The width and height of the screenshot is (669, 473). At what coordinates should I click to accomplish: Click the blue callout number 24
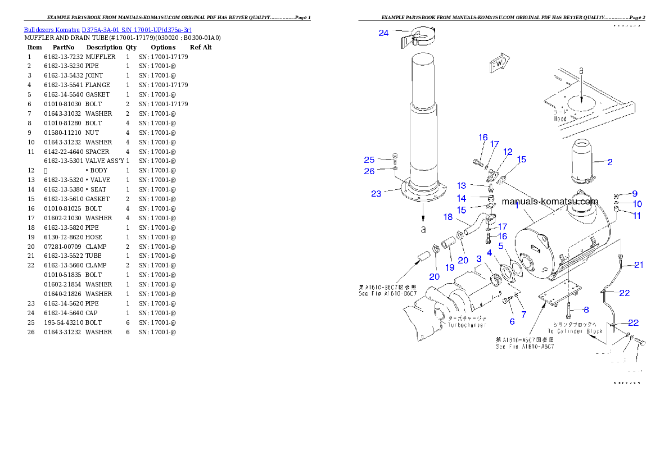[383, 33]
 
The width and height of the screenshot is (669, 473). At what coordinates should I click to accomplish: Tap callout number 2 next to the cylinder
[609, 162]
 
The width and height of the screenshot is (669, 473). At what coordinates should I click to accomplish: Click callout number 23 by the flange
[376, 194]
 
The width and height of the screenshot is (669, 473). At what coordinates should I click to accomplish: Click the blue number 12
[508, 152]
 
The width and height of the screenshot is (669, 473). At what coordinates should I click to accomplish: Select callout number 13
[462, 185]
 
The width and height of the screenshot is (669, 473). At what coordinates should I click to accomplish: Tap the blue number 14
[462, 198]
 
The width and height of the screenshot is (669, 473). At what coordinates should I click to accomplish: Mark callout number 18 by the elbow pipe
[448, 217]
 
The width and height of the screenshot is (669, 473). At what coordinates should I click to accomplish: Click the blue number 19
[450, 267]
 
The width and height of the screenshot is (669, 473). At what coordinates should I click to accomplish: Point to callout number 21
[639, 265]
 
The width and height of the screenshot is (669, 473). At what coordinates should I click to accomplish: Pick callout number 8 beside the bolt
[586, 310]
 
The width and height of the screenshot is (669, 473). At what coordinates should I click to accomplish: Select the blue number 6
[512, 321]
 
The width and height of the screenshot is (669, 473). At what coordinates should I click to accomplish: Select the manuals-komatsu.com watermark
[550, 202]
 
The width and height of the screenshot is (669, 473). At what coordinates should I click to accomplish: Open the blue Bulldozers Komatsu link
[107, 29]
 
